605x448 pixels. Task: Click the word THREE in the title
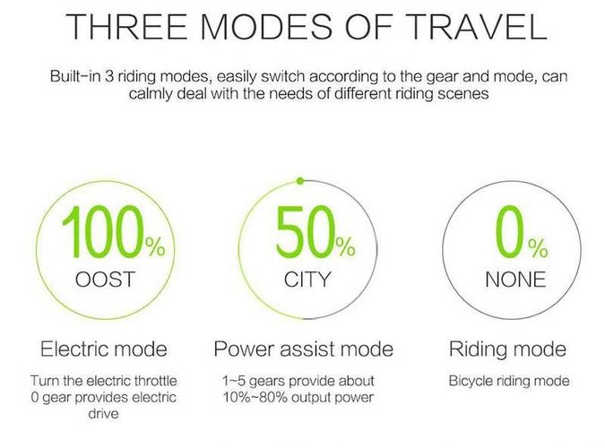[126, 26]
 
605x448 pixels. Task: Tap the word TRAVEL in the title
[477, 26]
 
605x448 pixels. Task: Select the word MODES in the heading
[266, 26]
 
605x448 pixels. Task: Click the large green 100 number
[102, 231]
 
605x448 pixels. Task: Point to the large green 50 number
[305, 231]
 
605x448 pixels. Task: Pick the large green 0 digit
[510, 231]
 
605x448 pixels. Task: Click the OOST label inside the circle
[105, 280]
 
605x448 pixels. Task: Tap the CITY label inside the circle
[307, 280]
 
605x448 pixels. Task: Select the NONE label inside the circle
[515, 280]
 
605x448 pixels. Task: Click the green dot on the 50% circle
[300, 181]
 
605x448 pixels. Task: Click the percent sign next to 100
[155, 247]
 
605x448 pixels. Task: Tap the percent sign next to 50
[345, 247]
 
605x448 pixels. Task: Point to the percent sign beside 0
[538, 248]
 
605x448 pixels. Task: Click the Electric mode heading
[104, 349]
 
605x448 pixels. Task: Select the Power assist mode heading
[304, 349]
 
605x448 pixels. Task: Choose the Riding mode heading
[507, 349]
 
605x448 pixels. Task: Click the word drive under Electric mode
[103, 414]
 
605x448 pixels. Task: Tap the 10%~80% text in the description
[255, 397]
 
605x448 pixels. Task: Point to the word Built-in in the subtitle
[75, 76]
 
